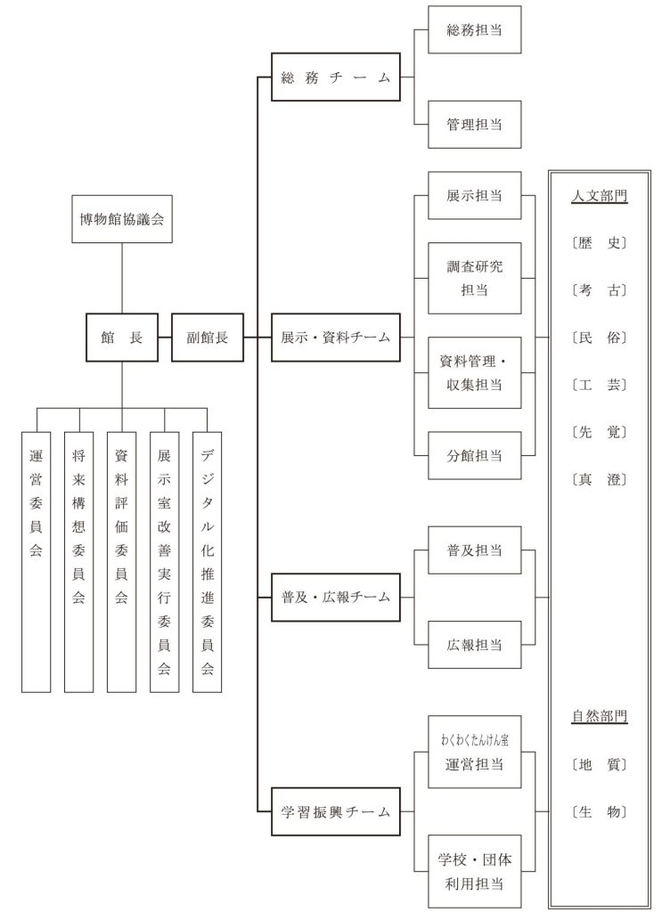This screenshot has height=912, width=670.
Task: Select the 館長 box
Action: [122, 338]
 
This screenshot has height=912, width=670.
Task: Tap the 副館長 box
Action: [208, 338]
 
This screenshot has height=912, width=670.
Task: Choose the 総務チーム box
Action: [335, 77]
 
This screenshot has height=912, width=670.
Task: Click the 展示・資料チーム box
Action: [335, 338]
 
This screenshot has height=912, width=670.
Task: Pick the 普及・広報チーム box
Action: [335, 597]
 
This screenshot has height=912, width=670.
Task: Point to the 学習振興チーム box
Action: [335, 811]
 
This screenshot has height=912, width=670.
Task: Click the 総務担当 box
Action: [474, 30]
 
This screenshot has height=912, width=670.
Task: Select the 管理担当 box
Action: [474, 125]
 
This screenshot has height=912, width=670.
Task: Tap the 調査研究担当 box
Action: [474, 278]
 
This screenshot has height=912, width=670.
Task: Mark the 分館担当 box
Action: [474, 456]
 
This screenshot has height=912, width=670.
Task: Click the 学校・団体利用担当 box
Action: [474, 871]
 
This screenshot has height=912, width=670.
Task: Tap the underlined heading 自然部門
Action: [599, 717]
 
